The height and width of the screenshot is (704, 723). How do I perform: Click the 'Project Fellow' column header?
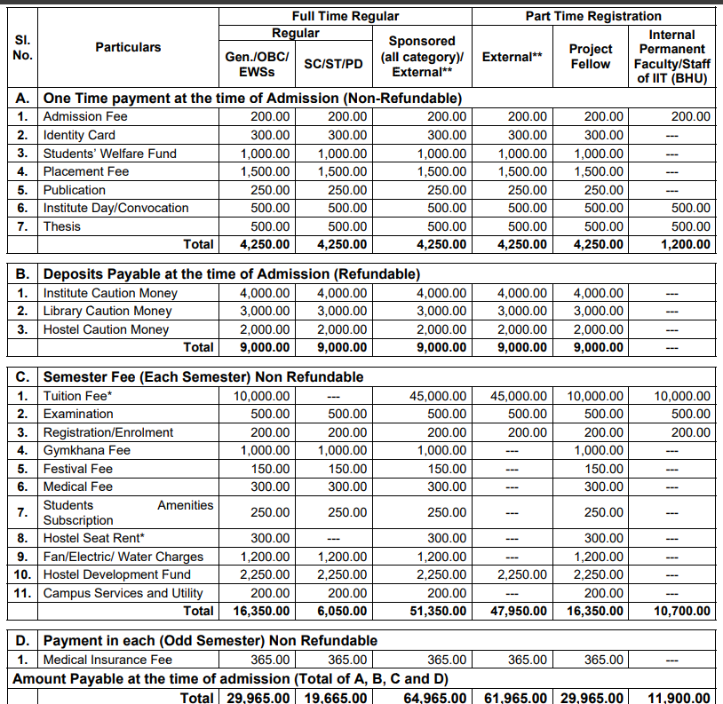[x=591, y=56]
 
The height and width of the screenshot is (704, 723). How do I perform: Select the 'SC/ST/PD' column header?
[x=333, y=64]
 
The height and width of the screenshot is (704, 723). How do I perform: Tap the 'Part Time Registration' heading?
[x=592, y=16]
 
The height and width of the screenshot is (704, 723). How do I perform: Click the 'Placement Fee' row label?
[x=86, y=171]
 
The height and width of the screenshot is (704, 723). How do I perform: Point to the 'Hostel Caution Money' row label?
[x=106, y=329]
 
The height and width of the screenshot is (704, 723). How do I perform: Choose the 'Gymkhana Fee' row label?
[x=87, y=450]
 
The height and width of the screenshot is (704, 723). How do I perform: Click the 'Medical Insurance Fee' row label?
[x=107, y=659]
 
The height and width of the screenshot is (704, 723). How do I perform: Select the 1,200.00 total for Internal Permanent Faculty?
[x=684, y=244]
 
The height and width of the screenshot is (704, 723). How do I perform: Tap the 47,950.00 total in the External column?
[x=519, y=611]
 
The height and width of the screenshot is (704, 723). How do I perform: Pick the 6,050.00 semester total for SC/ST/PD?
[x=341, y=611]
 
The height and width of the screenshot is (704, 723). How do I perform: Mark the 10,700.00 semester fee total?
[x=681, y=611]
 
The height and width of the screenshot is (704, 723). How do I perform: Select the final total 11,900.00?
[x=681, y=698]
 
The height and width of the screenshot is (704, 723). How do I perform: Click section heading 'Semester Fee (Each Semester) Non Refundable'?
[x=203, y=377]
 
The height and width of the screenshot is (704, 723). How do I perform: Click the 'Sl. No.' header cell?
[x=23, y=48]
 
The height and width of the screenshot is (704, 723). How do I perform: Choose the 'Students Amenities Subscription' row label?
[x=128, y=512]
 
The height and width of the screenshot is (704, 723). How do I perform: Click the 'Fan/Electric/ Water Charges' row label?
[x=123, y=557]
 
